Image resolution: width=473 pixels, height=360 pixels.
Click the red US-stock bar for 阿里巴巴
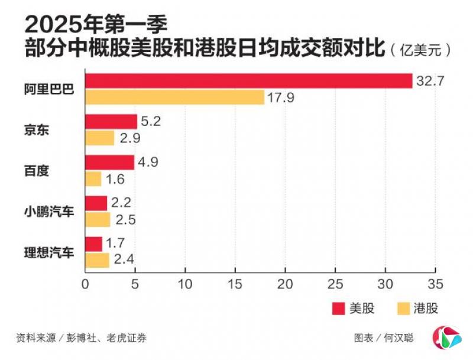coord(248,81)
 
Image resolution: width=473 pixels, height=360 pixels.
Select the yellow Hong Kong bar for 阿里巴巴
coord(174,98)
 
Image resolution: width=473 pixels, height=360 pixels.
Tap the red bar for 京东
coord(111,122)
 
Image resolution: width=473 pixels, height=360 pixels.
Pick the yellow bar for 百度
coord(93,179)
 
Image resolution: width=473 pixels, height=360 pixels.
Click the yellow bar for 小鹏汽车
coord(98,220)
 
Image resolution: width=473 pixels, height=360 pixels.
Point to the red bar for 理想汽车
coord(93,244)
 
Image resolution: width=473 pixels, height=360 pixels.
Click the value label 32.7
coord(430,81)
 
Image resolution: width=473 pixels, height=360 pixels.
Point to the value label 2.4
coord(125,260)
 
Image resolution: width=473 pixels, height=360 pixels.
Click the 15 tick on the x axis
coord(235,283)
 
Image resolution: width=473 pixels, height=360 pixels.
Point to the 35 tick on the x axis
coord(435,283)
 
